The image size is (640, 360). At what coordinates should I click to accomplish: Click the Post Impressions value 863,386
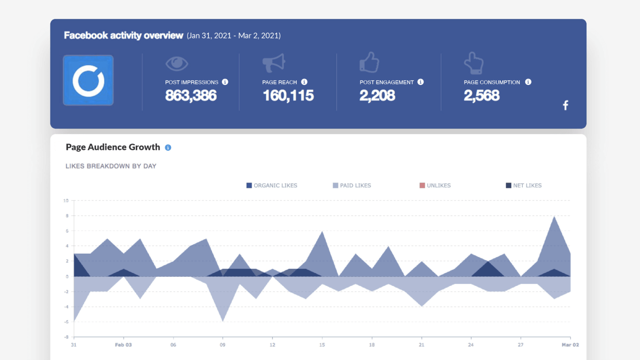pos(191,96)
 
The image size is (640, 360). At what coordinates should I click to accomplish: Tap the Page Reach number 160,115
pos(288,96)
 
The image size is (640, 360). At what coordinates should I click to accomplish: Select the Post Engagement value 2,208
pos(377,96)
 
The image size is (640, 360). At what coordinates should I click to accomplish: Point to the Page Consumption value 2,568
pos(482,96)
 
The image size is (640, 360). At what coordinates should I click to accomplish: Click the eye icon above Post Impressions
pos(177,64)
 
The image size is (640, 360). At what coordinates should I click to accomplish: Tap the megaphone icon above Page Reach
pos(273,63)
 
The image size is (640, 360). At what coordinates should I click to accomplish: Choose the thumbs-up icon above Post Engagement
pos(369,62)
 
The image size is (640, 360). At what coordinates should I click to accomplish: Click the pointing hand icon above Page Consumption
pos(474,63)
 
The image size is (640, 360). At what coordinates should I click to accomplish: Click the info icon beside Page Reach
pos(304,82)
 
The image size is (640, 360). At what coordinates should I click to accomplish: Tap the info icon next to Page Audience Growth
pos(168,148)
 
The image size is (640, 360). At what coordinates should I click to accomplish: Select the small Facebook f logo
pos(565,105)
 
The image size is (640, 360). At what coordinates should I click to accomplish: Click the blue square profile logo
pos(88,80)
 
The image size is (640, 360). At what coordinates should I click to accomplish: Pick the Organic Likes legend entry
pos(272,185)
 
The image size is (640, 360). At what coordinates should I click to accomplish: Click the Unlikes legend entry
pos(435,185)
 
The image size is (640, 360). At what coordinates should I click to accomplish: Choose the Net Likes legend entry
pos(524,185)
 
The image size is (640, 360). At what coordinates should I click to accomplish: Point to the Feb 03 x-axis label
pos(123,345)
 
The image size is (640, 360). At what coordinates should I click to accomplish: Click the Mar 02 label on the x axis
pos(570,345)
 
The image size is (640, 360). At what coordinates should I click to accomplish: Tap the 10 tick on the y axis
pos(66,201)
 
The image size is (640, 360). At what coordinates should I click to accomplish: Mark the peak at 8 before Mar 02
pos(554,217)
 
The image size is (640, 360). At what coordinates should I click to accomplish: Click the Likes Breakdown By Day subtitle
pos(111,166)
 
